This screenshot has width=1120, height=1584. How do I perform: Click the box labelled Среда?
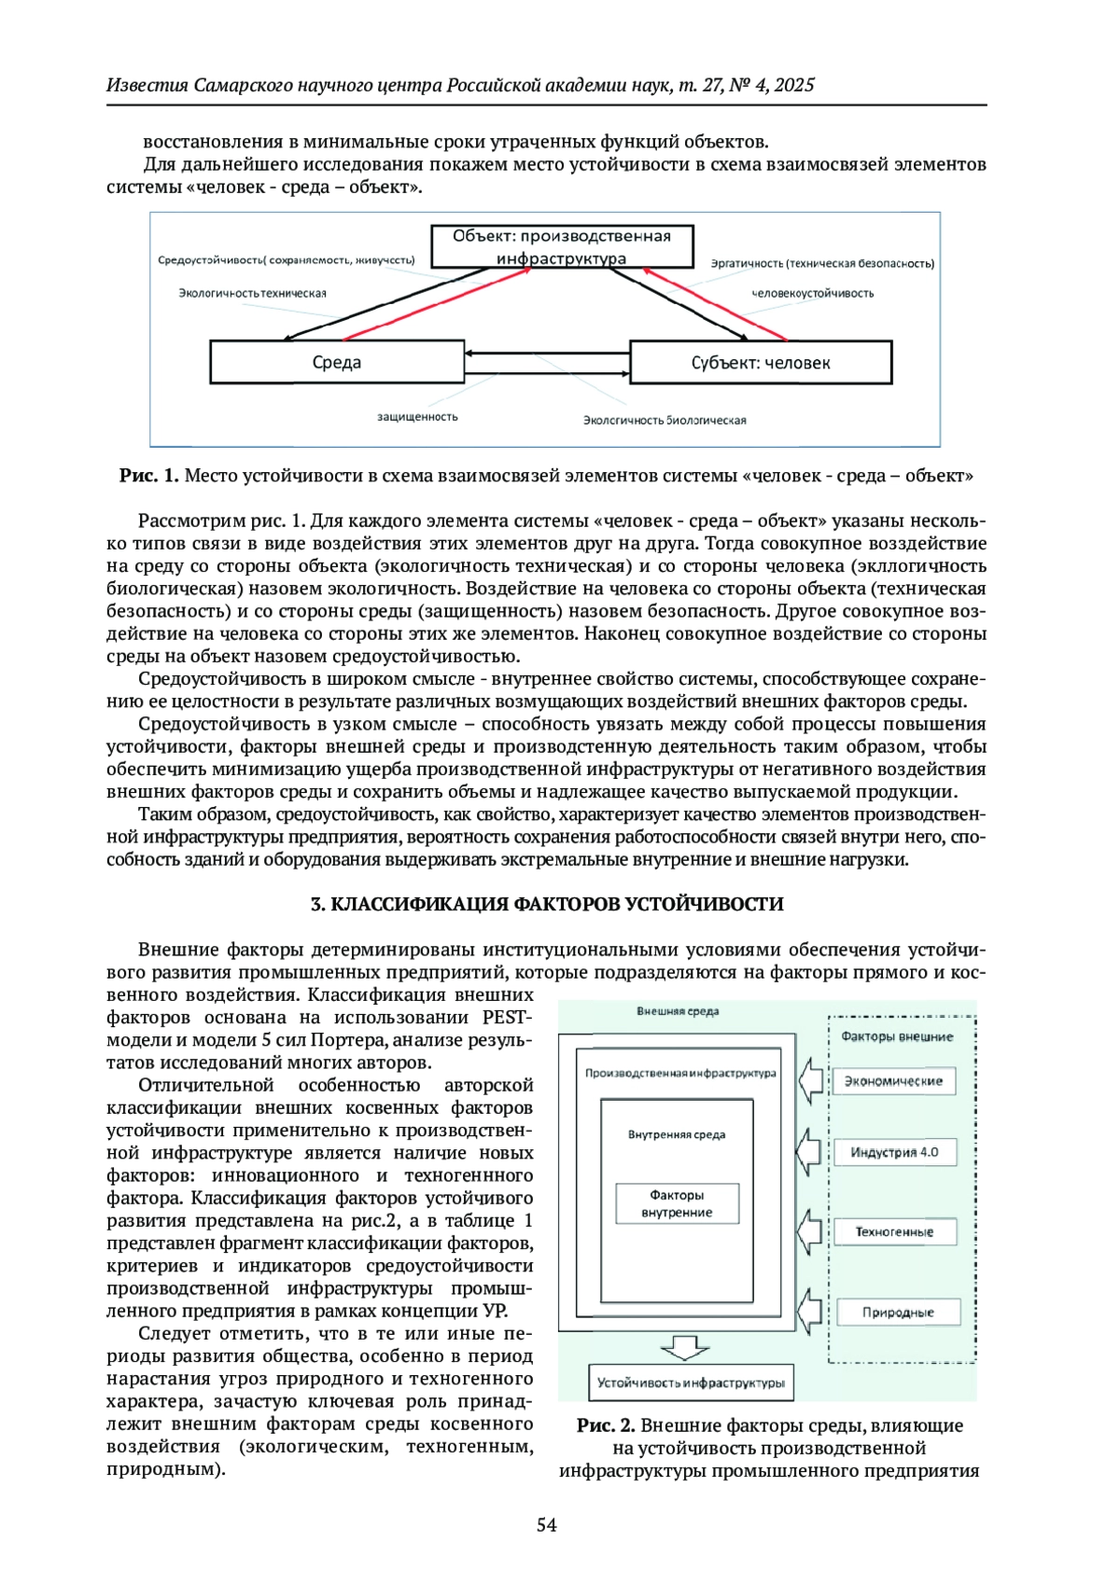337,362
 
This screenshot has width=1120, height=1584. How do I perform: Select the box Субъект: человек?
761,362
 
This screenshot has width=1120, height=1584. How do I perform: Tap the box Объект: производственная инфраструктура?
562,247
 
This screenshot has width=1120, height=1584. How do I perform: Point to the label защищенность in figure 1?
417,416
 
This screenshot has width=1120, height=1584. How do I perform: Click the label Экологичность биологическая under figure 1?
665,420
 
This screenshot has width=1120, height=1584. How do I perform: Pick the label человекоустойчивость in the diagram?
813,293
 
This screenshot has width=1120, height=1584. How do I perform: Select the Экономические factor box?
893,1081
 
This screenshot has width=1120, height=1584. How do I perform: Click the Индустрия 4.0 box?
893,1152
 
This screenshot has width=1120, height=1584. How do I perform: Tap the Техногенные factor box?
893,1231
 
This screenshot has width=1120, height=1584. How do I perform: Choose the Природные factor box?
897,1312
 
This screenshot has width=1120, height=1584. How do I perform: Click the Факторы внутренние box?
677,1203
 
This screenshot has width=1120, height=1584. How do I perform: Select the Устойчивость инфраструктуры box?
691,1383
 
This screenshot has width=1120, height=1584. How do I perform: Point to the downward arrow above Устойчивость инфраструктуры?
684,1347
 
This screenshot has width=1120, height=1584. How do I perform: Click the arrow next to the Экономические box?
813,1079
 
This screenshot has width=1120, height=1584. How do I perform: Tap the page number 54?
547,1524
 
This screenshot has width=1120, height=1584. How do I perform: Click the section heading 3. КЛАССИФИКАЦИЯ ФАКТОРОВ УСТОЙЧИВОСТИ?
547,904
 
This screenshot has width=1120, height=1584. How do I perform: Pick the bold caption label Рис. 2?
606,1425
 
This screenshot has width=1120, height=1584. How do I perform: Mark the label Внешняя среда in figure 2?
678,1011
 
